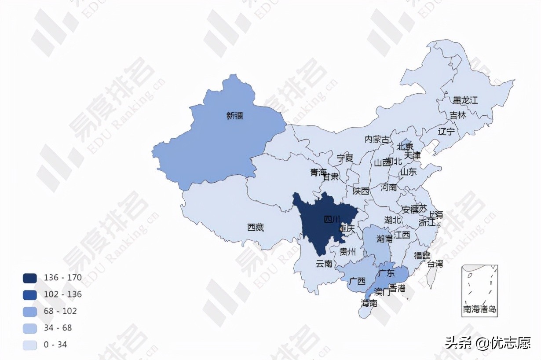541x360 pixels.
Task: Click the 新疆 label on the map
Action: click(x=235, y=116)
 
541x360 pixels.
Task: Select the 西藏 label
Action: click(x=255, y=228)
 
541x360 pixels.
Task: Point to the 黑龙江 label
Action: click(x=465, y=100)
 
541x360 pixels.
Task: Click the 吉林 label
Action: click(x=457, y=115)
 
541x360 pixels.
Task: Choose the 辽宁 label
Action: click(x=446, y=131)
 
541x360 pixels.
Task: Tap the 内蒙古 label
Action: click(x=377, y=140)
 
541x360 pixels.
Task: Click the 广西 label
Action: click(x=357, y=280)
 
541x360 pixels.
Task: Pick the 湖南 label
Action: click(x=384, y=239)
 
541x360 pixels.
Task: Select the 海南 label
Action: click(x=369, y=303)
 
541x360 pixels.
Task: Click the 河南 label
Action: click(x=388, y=187)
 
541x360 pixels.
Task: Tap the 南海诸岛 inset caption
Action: click(x=479, y=309)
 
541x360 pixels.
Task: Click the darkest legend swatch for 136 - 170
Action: click(x=30, y=278)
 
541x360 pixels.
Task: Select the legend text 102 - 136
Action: click(x=62, y=294)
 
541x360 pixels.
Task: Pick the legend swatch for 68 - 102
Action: click(x=30, y=311)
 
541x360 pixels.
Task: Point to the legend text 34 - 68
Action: click(x=58, y=328)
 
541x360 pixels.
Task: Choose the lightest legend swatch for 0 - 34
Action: click(x=30, y=345)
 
